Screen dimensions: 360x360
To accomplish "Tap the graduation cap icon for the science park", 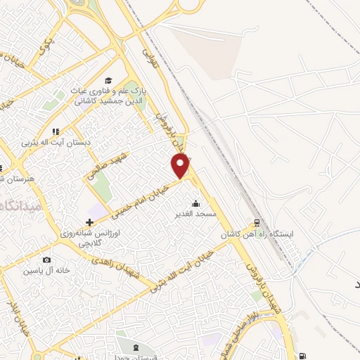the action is click(x=108, y=80).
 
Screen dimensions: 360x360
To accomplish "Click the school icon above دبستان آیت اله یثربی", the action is click(x=56, y=131).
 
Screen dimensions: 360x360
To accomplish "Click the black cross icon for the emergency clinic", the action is click(x=89, y=222).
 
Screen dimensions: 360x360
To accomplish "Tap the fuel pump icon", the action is click(x=302, y=355).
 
